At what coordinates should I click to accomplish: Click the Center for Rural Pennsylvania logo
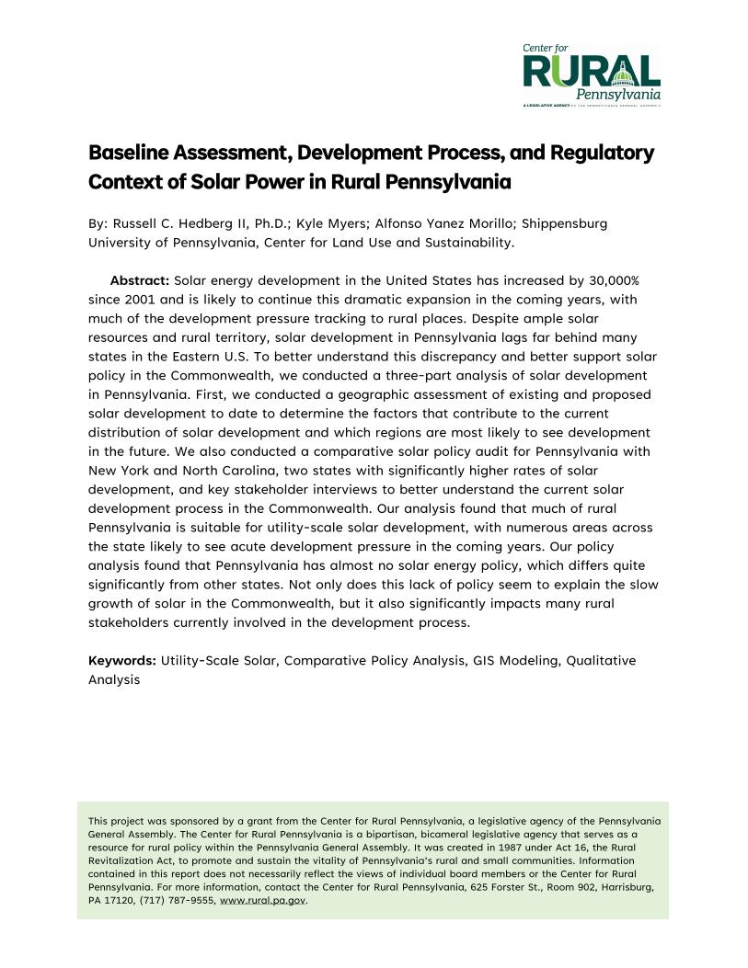[x=591, y=74]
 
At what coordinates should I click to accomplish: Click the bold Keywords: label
[x=122, y=660]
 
